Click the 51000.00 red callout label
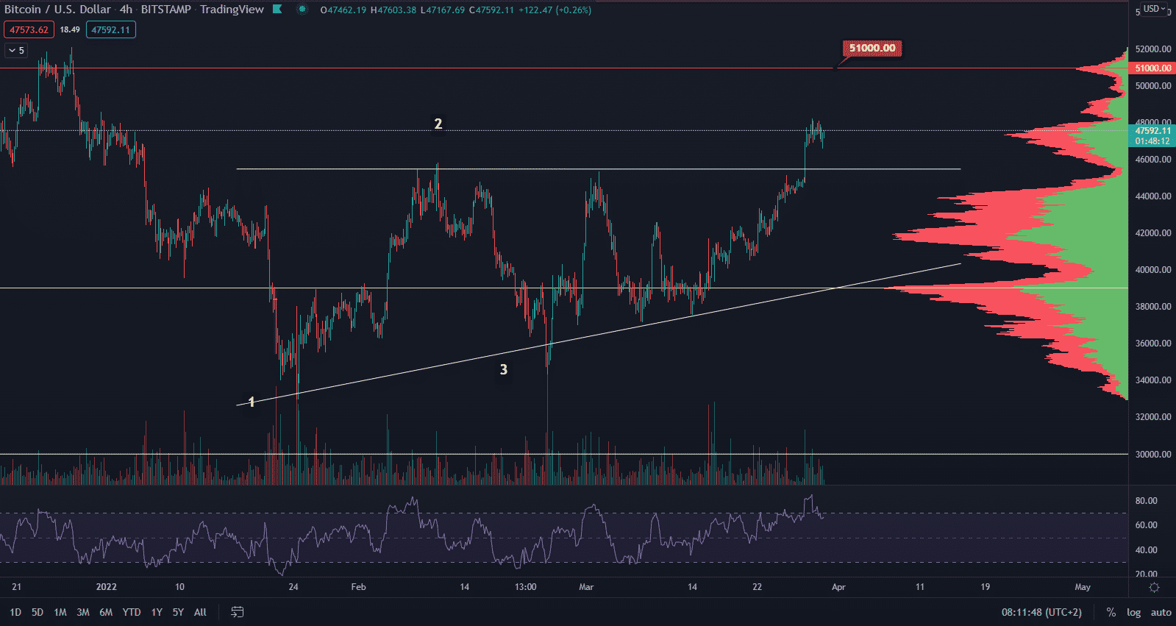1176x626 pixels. [872, 49]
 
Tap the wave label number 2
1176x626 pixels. [438, 124]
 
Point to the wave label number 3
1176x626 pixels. [504, 369]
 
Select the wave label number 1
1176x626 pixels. [252, 402]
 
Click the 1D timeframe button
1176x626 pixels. [15, 612]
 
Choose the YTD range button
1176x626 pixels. [132, 612]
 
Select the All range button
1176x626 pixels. [200, 612]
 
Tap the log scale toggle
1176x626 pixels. [1133, 612]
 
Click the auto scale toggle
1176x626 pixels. [1161, 612]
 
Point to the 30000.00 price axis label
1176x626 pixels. [1152, 455]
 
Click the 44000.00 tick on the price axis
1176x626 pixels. [1152, 196]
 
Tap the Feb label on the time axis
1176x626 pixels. [358, 587]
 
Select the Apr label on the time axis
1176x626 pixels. [838, 587]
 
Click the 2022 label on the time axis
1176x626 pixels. [107, 587]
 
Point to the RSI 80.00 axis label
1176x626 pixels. [1146, 501]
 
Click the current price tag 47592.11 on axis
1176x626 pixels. [1152, 131]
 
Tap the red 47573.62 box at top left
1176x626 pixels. [29, 30]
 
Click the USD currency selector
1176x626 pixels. [1152, 9]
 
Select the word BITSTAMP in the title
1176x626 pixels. [165, 10]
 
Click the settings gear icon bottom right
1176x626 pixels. [1154, 587]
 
